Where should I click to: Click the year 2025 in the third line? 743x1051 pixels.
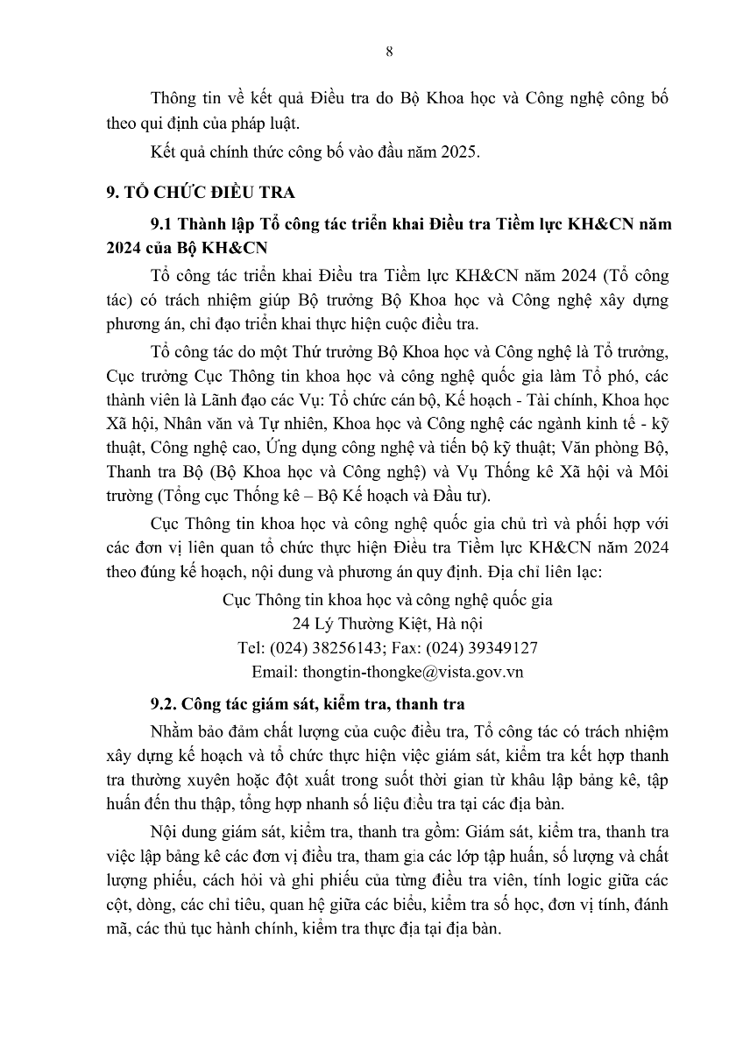(461, 152)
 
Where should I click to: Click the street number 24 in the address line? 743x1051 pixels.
(301, 624)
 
